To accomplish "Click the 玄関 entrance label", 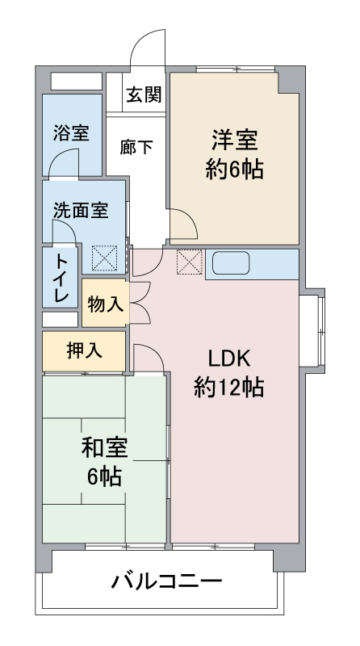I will point(143,95).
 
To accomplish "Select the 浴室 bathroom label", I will point(71,132).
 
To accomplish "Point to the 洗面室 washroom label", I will point(81,211).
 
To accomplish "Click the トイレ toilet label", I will point(61,278).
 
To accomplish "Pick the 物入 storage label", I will point(105,304).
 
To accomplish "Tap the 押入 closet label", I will point(84,351).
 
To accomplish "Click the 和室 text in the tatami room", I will point(104,447).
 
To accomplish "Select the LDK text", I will point(231,358).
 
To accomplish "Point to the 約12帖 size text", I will point(229,388).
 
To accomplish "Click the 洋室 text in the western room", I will point(235,140).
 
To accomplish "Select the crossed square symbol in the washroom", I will point(103,259).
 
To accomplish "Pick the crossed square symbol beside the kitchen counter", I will point(189,262).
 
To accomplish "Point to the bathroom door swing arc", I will point(63,161).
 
